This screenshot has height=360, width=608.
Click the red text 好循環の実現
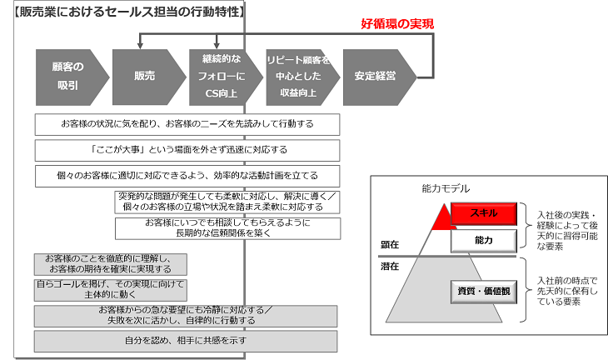pyautogui.click(x=397, y=24)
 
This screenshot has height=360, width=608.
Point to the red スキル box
pyautogui.click(x=484, y=213)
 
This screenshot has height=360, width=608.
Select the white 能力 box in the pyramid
pyautogui.click(x=484, y=241)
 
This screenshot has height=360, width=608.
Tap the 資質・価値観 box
pyautogui.click(x=484, y=292)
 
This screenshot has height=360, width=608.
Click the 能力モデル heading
pyautogui.click(x=446, y=189)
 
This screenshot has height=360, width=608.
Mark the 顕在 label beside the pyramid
pyautogui.click(x=390, y=245)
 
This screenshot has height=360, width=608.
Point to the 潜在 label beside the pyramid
pyautogui.click(x=390, y=267)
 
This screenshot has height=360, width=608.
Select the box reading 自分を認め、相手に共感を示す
pyautogui.click(x=186, y=342)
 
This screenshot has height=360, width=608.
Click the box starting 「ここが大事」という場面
pyautogui.click(x=187, y=151)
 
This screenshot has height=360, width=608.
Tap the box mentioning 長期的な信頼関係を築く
pyautogui.click(x=227, y=228)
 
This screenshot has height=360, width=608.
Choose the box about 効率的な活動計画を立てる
pyautogui.click(x=187, y=176)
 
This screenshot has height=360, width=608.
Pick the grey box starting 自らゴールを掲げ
pyautogui.click(x=111, y=290)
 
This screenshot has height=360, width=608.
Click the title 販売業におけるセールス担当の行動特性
pyautogui.click(x=129, y=12)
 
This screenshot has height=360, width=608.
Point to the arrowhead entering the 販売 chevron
pyautogui.click(x=140, y=46)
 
